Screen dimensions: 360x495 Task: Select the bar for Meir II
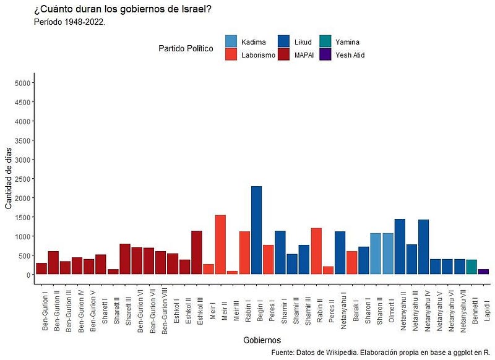point(220,244)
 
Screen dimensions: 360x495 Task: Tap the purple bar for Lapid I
point(484,271)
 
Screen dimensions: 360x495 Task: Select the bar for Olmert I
point(388,254)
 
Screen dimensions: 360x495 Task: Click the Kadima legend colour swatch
point(231,42)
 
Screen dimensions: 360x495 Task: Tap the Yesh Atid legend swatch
point(326,55)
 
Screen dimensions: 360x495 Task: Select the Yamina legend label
point(347,42)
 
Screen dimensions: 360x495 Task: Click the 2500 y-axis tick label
point(22,179)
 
